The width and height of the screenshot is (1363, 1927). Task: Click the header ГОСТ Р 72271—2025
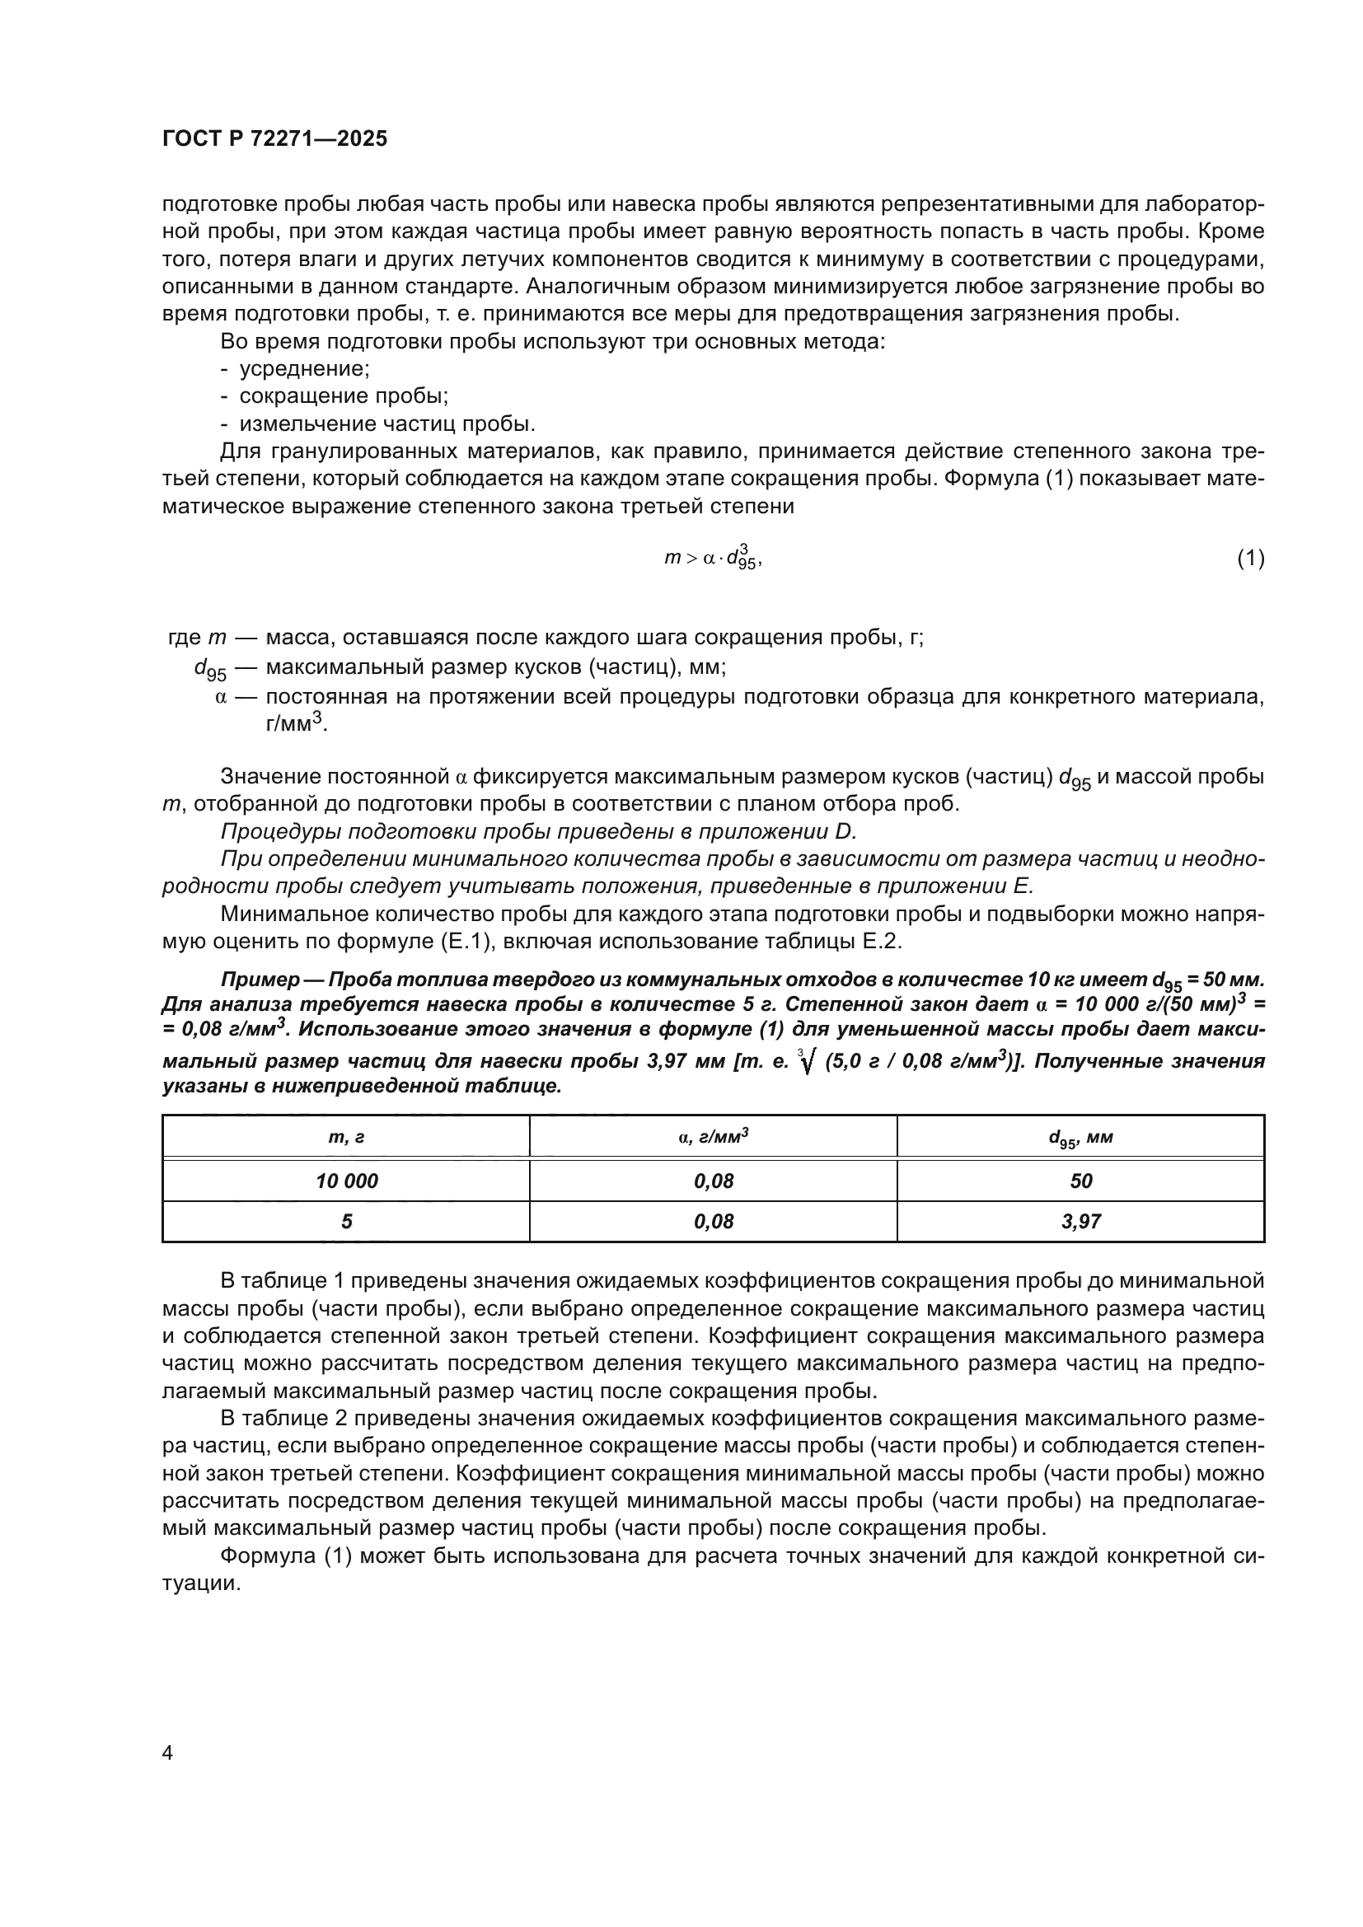point(274,139)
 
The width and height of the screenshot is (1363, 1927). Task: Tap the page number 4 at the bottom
point(167,1753)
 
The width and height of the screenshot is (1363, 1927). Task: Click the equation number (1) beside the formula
point(1251,558)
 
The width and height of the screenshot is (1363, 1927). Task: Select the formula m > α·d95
point(713,558)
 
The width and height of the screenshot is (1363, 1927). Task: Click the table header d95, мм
point(1080,1138)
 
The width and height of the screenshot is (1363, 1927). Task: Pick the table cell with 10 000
point(346,1181)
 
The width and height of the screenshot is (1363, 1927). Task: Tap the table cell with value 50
point(1080,1181)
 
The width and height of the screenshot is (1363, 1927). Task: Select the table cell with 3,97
point(1080,1222)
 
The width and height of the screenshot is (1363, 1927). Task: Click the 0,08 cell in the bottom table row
point(713,1222)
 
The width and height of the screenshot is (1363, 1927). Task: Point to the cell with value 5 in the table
point(346,1222)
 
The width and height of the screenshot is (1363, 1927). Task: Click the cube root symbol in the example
point(807,1063)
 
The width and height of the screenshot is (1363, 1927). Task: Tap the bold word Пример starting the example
point(260,980)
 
